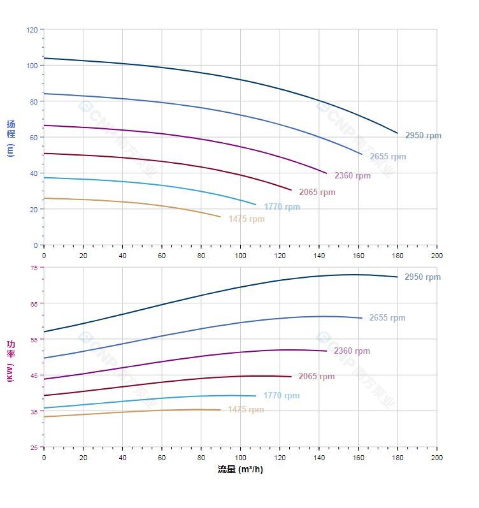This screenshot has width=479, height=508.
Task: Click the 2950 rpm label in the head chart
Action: tap(423, 136)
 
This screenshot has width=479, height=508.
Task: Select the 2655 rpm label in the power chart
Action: tap(387, 318)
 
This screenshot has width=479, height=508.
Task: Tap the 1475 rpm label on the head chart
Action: tap(247, 219)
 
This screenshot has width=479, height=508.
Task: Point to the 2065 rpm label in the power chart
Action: tap(317, 377)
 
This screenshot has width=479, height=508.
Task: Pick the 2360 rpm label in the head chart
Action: tap(352, 176)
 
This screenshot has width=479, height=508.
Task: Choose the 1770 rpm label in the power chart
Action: tap(281, 396)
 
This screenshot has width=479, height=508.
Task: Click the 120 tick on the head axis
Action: tap(32, 30)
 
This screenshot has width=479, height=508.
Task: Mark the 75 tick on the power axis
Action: tap(34, 268)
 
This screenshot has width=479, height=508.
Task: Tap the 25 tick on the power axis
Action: tap(34, 447)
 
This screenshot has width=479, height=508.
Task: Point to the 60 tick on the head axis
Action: tap(34, 138)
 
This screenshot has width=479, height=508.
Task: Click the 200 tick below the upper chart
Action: tap(437, 255)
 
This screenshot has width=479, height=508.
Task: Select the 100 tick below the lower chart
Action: tap(240, 458)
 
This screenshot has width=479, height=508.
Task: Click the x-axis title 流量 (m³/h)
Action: tap(240, 470)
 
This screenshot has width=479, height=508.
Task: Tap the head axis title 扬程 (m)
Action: tap(10, 137)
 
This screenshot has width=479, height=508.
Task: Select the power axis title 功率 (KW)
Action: tap(10, 361)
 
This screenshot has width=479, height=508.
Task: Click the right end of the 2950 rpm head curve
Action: tap(397, 133)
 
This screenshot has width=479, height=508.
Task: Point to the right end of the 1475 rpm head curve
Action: tap(220, 217)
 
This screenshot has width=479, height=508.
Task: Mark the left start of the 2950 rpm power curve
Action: tap(44, 331)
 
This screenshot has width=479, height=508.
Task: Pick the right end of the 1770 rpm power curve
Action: tap(255, 396)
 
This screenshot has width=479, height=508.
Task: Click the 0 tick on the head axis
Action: tap(36, 245)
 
